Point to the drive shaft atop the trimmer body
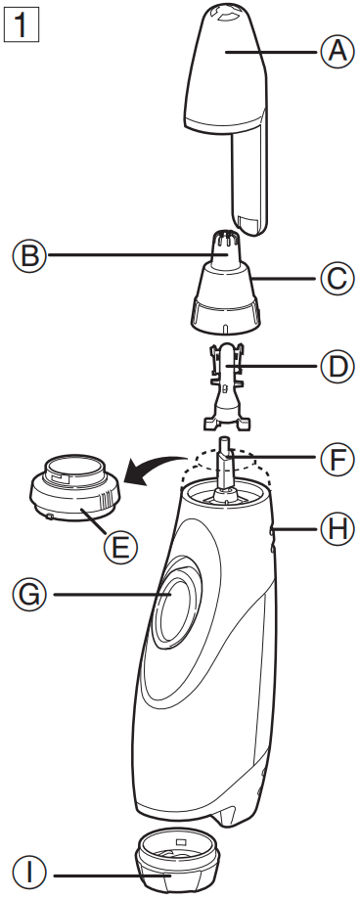tap(225, 460)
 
